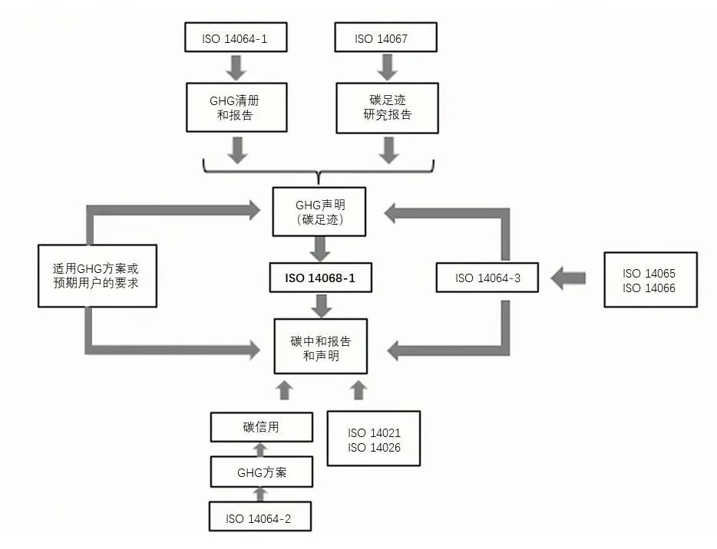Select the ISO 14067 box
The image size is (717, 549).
386,38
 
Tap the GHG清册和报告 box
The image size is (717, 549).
236,108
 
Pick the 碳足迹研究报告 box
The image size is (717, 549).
386,108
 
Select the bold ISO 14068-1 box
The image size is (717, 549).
321,278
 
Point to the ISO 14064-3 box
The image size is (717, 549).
487,278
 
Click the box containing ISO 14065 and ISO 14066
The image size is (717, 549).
649,280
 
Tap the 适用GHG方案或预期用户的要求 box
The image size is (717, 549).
97,276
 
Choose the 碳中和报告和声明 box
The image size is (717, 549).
321,347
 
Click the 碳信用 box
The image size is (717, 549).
262,427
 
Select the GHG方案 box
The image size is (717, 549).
262,472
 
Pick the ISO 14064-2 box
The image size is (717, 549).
259,518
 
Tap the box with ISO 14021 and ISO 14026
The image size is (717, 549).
374,438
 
